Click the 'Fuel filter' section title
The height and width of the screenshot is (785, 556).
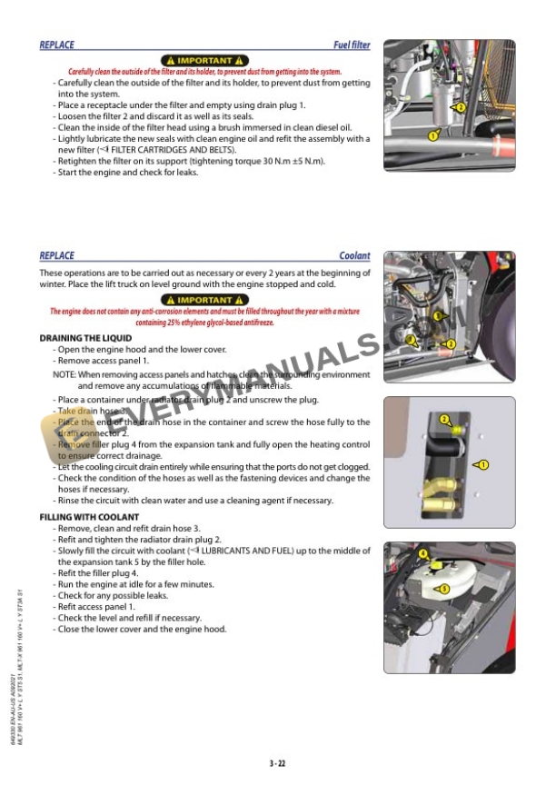point(352,45)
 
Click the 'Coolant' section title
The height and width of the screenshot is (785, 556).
point(354,256)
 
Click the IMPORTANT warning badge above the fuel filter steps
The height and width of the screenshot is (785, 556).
point(204,61)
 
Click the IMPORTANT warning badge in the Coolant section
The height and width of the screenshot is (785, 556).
point(204,300)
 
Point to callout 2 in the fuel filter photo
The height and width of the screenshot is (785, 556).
point(461,107)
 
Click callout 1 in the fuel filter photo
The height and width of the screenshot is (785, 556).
point(433,135)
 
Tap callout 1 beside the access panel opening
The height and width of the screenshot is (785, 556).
point(483,464)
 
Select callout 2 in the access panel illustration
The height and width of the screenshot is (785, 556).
point(444,419)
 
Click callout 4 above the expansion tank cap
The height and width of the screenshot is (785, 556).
point(422,552)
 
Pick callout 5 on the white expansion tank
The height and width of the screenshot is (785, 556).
point(443,590)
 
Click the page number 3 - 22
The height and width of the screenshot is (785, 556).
point(278,762)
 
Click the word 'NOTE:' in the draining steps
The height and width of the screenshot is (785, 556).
point(64,374)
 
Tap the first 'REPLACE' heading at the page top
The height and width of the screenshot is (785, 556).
point(57,45)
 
